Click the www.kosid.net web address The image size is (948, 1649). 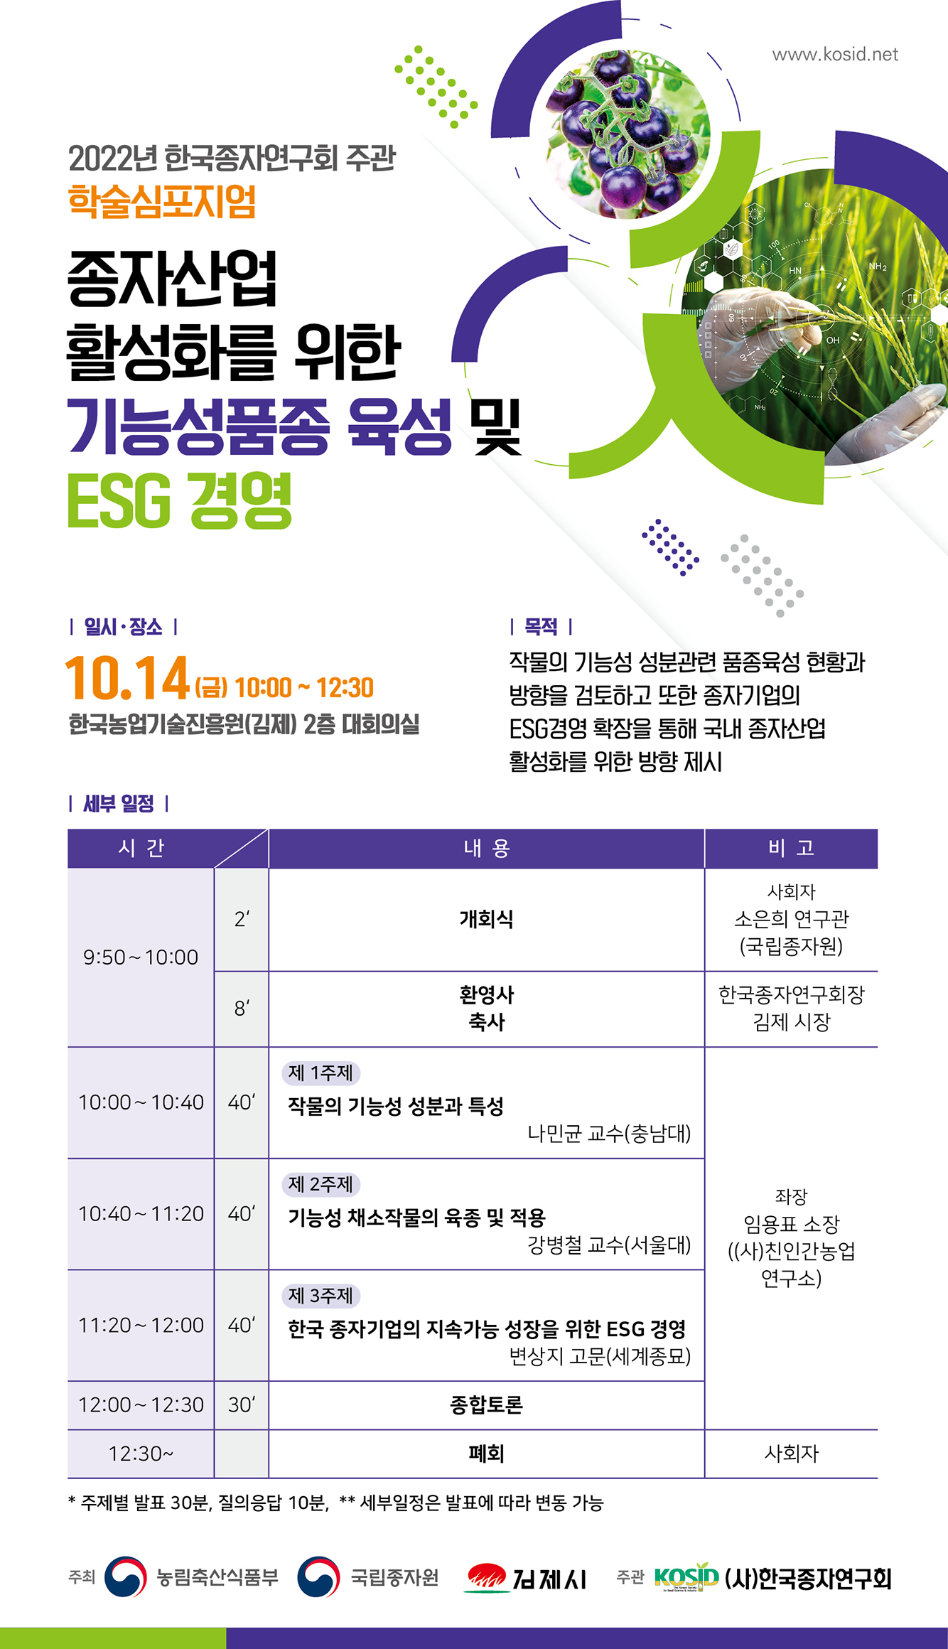point(835,55)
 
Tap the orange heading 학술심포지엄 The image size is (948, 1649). point(162,201)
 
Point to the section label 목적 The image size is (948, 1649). point(541,627)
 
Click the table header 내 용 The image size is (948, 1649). point(487,848)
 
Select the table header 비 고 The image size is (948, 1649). point(791,848)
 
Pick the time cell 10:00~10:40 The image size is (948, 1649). point(141,1102)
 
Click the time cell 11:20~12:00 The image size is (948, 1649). point(141,1325)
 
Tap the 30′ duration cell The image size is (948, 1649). point(242,1404)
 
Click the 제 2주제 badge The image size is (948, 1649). point(321,1184)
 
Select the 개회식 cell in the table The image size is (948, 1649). point(487,919)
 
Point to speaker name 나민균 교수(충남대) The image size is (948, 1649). point(609,1133)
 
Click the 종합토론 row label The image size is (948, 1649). point(487,1404)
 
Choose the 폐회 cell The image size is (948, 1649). point(487,1454)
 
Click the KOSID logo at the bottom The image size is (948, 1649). point(686,1578)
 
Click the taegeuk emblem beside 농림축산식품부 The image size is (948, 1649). point(126,1577)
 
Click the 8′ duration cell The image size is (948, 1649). point(242,1008)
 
